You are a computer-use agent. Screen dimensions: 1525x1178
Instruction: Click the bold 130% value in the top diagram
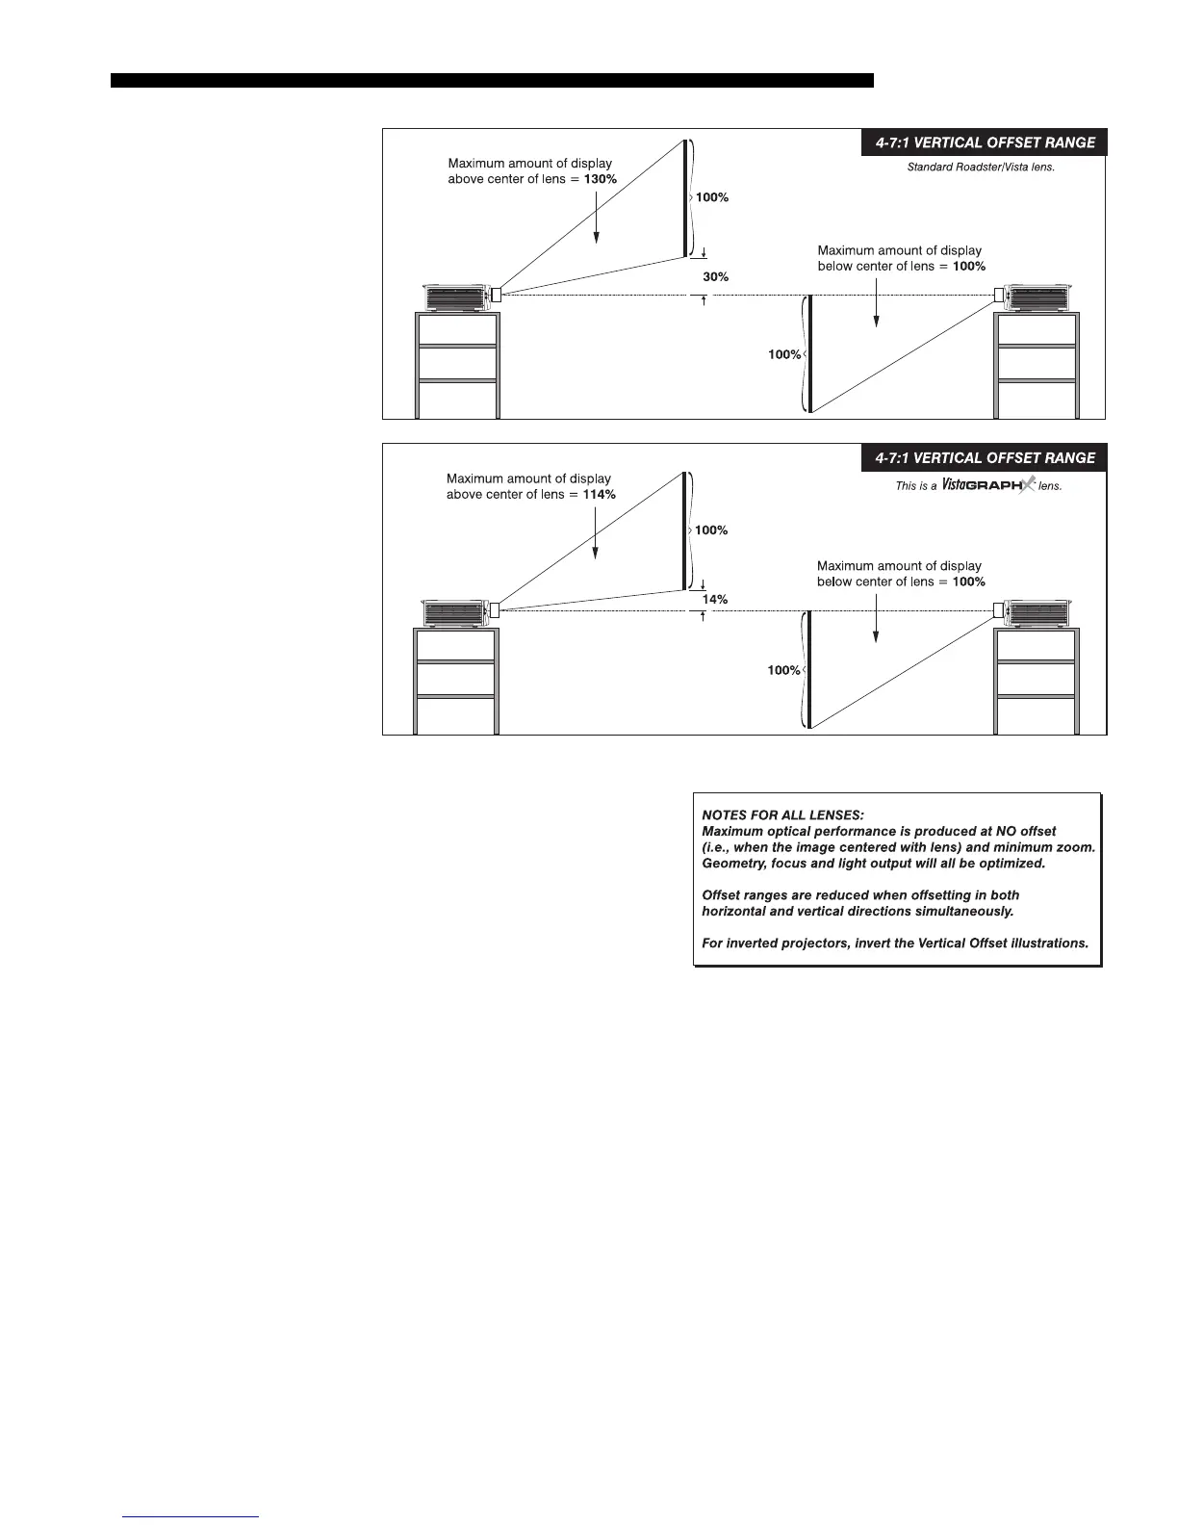click(x=600, y=180)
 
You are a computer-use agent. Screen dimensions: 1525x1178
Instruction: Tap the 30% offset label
click(x=715, y=277)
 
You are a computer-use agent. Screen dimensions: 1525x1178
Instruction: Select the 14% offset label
click(x=714, y=600)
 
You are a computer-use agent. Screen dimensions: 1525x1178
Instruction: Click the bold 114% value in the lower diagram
click(x=599, y=495)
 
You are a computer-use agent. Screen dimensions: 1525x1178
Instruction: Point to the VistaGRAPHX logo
click(x=987, y=485)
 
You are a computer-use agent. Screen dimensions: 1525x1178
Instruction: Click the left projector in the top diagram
click(x=456, y=298)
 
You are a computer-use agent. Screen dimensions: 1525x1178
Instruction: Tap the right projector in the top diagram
click(x=1038, y=298)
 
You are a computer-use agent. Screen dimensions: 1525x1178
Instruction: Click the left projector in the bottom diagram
click(x=455, y=613)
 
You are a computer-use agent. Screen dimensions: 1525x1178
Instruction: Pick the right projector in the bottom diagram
click(x=1037, y=613)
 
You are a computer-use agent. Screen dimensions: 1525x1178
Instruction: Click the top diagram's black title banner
click(x=984, y=142)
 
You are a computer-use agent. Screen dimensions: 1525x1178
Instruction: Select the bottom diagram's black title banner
click(x=984, y=458)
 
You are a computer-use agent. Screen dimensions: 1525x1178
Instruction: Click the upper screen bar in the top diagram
click(x=686, y=198)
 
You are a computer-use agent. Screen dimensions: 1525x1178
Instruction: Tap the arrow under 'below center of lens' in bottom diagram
click(x=876, y=616)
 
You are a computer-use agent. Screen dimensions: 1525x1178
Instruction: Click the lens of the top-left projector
click(x=497, y=295)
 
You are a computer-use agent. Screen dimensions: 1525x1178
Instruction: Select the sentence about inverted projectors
click(x=895, y=943)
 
